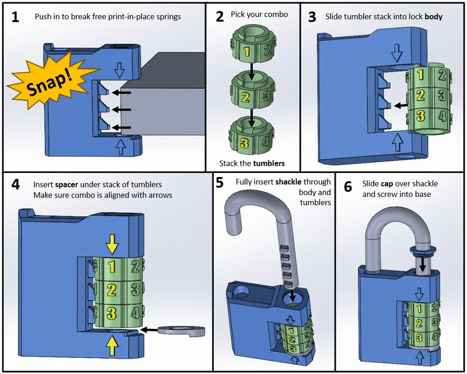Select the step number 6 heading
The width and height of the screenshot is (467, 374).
point(348,186)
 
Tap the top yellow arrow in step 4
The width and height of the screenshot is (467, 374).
point(111,241)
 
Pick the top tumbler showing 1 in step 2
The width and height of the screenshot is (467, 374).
point(250,50)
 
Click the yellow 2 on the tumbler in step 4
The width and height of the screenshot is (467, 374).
point(111,289)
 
